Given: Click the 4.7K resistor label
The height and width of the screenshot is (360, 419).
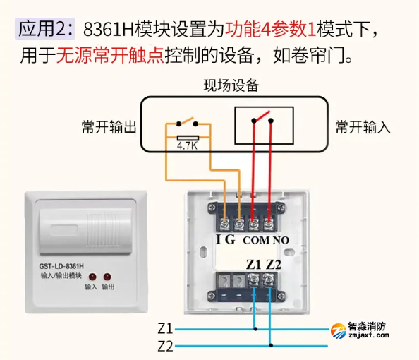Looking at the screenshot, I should [x=187, y=146].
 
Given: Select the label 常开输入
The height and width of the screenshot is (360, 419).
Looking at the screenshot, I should [x=363, y=128].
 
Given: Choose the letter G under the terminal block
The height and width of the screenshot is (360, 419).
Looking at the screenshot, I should [x=230, y=240].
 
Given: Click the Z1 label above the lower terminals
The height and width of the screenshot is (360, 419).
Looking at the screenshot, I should [x=253, y=265].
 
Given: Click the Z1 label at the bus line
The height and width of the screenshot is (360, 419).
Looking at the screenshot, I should [x=165, y=329].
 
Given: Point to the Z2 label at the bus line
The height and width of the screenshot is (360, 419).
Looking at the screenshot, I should [x=165, y=346].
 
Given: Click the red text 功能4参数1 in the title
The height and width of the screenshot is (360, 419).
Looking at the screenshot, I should [x=271, y=30].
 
